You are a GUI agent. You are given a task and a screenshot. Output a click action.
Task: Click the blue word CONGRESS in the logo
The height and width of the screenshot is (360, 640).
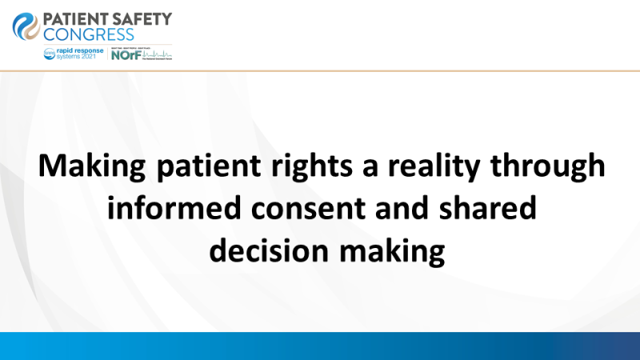point(90,34)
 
